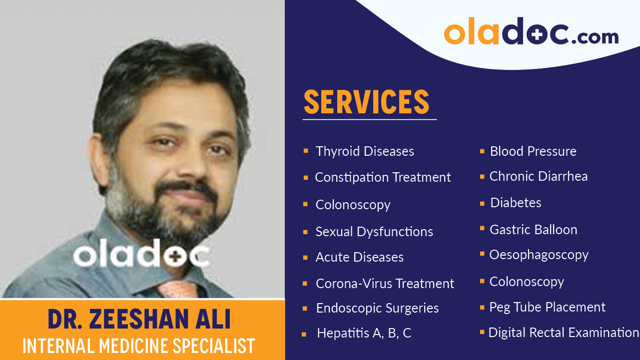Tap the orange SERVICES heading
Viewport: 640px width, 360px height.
pyautogui.click(x=366, y=102)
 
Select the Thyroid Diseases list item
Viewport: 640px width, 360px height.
pyautogui.click(x=365, y=151)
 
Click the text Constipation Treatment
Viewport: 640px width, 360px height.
pyautogui.click(x=383, y=177)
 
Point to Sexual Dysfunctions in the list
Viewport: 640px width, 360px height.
pyautogui.click(x=374, y=232)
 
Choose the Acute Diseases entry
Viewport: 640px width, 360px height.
pyautogui.click(x=359, y=257)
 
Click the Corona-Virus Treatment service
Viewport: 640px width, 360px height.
pyautogui.click(x=385, y=284)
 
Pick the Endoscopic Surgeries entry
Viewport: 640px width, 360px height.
pyautogui.click(x=377, y=308)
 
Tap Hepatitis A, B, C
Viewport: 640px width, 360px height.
pyautogui.click(x=364, y=333)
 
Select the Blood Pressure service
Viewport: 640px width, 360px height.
pyautogui.click(x=533, y=151)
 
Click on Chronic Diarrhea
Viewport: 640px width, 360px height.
pyautogui.click(x=538, y=176)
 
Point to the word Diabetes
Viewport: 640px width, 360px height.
pyautogui.click(x=516, y=203)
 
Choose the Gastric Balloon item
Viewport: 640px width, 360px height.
pyautogui.click(x=533, y=230)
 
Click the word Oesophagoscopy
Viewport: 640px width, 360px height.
pyautogui.click(x=539, y=255)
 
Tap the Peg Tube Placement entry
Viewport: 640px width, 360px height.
pyautogui.click(x=547, y=307)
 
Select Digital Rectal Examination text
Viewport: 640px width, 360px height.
pyautogui.click(x=564, y=333)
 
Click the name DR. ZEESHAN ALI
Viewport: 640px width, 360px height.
pyautogui.click(x=139, y=320)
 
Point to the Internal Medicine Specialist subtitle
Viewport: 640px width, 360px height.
pyautogui.click(x=139, y=346)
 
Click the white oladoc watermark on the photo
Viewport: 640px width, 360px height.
pyautogui.click(x=141, y=256)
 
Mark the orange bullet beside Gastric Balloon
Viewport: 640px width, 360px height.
pyautogui.click(x=482, y=228)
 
